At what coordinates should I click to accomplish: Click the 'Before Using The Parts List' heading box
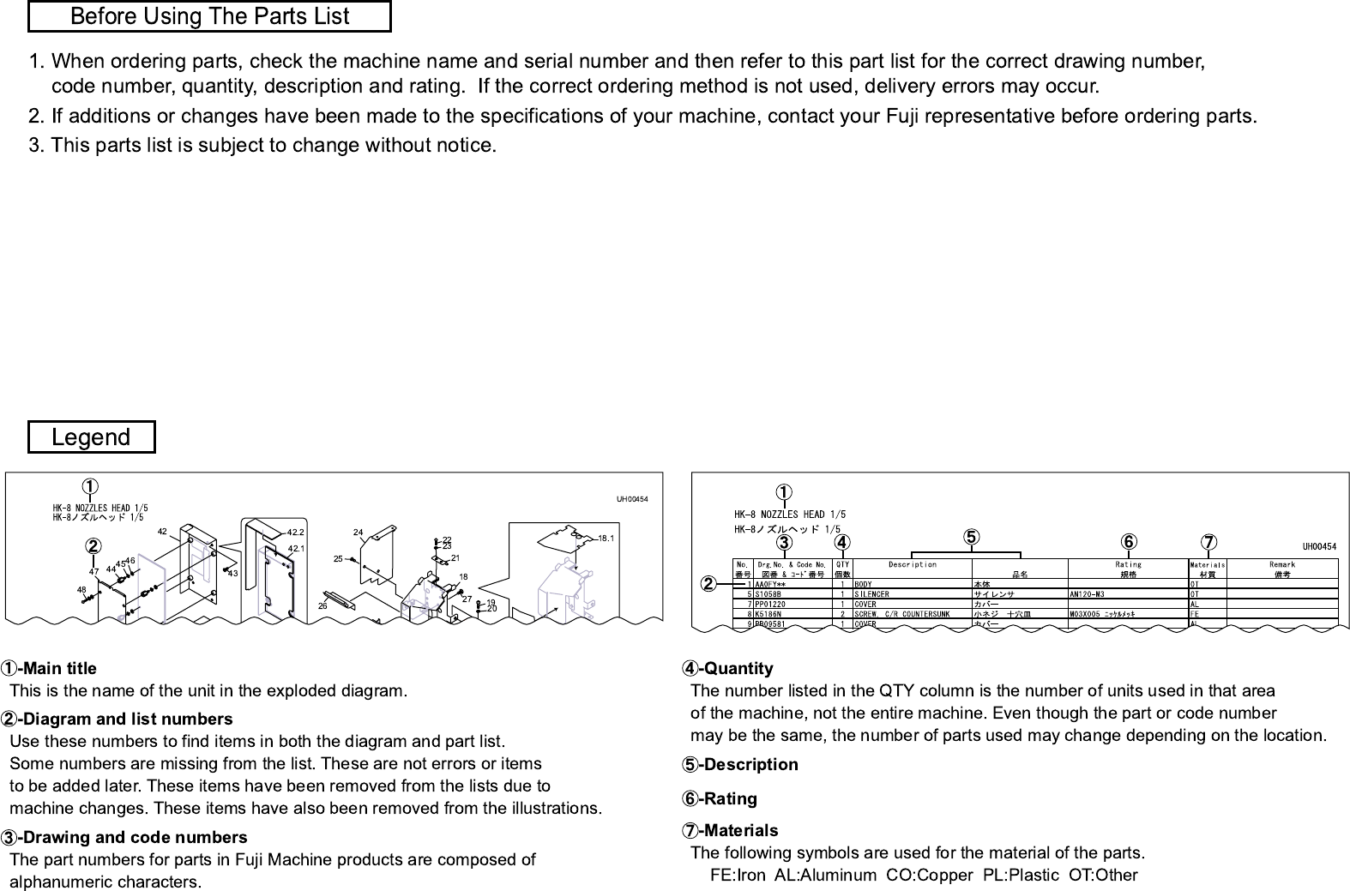click(209, 16)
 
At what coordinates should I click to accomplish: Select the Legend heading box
click(91, 436)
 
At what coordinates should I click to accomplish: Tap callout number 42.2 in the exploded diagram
click(296, 533)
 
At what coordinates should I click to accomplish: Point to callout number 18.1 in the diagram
click(606, 539)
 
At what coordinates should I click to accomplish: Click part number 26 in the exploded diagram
click(322, 605)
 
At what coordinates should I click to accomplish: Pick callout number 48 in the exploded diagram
click(81, 590)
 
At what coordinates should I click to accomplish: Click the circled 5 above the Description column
click(970, 537)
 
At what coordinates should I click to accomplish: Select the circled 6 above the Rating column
click(1128, 541)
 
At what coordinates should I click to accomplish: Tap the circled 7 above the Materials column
click(1208, 542)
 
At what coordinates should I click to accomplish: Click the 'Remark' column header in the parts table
click(1282, 564)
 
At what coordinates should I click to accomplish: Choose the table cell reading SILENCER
click(872, 593)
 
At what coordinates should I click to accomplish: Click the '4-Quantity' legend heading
click(728, 668)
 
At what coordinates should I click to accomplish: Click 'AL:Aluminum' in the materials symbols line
click(824, 876)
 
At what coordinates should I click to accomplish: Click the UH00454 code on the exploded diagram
click(632, 499)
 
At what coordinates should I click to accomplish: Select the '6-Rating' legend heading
click(720, 798)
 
